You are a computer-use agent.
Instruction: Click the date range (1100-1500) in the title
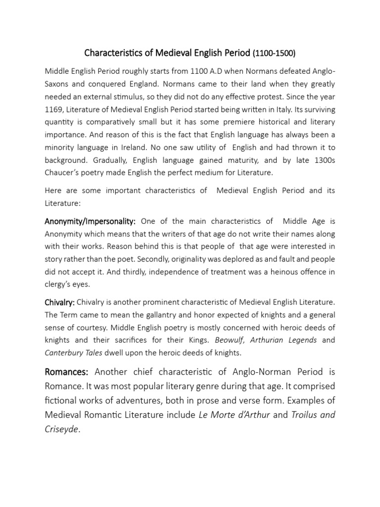point(274,52)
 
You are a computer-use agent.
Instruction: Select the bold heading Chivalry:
point(58,301)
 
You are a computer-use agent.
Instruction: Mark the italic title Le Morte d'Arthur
point(234,415)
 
